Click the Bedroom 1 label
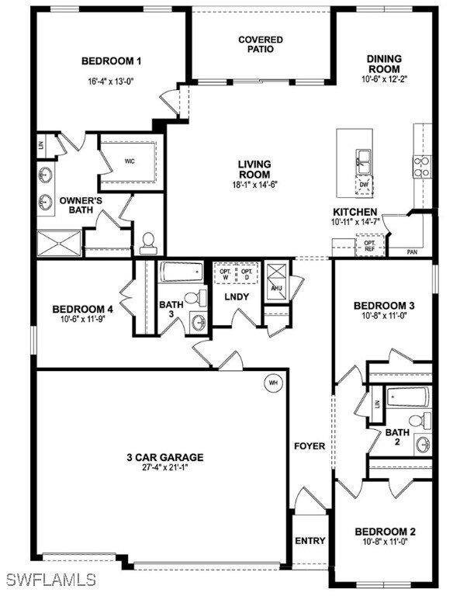tap(111, 61)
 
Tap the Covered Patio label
tap(261, 44)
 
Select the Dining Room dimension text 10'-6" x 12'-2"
tap(384, 78)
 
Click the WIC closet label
tap(130, 161)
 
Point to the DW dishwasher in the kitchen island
tap(362, 185)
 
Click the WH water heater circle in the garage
tap(273, 382)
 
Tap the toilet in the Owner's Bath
tap(149, 243)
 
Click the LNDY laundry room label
tap(236, 297)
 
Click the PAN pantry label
tap(413, 252)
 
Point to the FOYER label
tap(310, 446)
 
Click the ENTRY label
tap(310, 541)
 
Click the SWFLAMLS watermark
tap(50, 579)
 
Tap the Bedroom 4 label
tap(83, 309)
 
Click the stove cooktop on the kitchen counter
tap(422, 163)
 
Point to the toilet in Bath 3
tap(200, 297)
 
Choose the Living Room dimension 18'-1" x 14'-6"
tap(254, 185)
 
